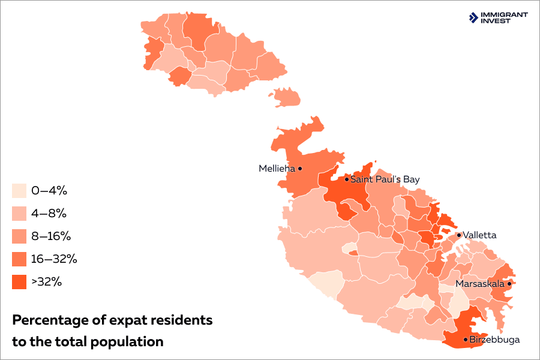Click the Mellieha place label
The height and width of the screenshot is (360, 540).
coord(277,169)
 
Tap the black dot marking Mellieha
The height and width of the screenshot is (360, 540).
coord(300,169)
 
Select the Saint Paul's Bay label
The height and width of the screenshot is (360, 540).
coord(385,179)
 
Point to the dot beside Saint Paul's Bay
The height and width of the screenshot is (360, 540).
coord(346,179)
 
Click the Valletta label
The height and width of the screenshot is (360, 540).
coord(479,235)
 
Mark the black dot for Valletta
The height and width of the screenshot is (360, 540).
coord(459,235)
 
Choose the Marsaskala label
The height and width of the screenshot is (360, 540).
coord(480,283)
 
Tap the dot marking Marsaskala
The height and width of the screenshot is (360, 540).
coord(509,283)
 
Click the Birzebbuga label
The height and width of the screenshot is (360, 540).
coord(494,340)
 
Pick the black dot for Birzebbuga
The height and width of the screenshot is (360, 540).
coord(466,340)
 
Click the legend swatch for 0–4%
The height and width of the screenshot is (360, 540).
coord(19,191)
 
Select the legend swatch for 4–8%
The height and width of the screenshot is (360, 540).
coord(19,214)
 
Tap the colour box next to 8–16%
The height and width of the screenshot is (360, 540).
coord(19,236)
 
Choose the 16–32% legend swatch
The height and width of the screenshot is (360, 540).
coord(19,259)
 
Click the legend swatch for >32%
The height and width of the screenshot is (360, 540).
coord(19,282)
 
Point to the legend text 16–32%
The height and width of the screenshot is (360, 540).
coord(55,259)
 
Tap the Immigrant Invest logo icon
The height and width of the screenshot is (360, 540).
coord(473,17)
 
